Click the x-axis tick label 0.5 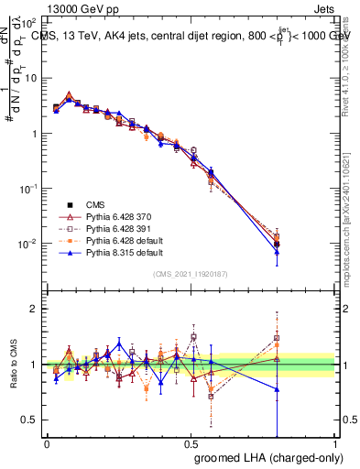tap(191, 444)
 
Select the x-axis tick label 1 tap(334, 444)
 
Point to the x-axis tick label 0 tap(47, 444)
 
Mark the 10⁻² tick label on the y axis tap(27, 244)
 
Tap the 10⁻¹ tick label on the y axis tap(27, 189)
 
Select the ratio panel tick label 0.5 tap(30, 420)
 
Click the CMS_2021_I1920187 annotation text tap(190, 274)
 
